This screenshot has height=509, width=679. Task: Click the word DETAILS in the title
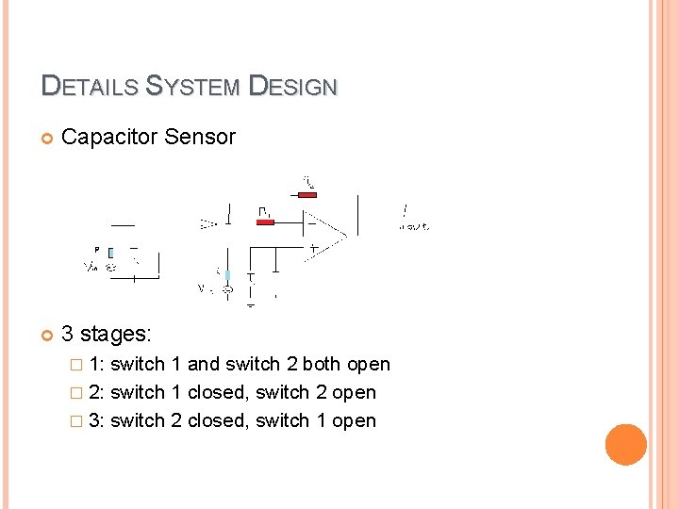(90, 87)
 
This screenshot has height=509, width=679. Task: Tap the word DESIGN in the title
(291, 87)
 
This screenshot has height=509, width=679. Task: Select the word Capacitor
(109, 138)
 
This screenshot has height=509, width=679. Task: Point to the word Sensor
(200, 138)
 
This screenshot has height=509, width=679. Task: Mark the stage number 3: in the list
(96, 421)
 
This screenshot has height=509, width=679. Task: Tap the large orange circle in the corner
(626, 445)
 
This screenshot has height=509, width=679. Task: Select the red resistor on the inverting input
(266, 222)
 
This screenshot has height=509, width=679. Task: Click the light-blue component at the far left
(110, 253)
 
